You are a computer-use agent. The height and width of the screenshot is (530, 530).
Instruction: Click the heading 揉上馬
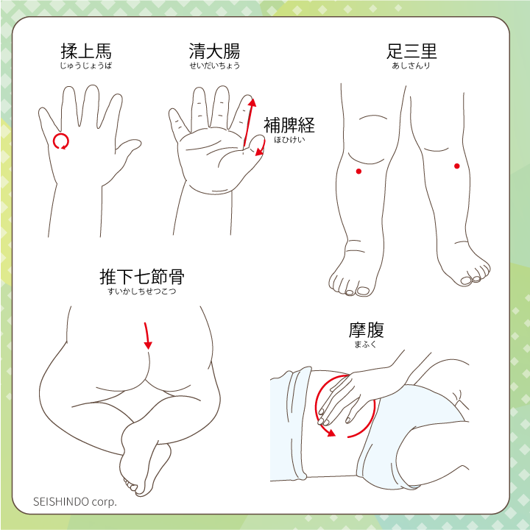[x=86, y=52]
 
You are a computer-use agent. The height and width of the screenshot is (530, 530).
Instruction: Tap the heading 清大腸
[x=214, y=52]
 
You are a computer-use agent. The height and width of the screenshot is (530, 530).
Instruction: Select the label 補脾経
[x=289, y=125]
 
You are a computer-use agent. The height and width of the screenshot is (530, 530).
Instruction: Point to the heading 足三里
[x=411, y=52]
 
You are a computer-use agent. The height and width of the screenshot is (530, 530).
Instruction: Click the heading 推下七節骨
[x=142, y=277]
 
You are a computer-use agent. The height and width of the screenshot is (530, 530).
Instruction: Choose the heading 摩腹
[x=367, y=331]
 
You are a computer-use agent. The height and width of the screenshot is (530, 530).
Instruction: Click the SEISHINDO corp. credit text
[x=74, y=501]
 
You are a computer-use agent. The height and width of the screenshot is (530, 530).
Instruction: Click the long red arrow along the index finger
[x=249, y=122]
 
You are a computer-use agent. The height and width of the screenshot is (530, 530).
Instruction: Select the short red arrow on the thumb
[x=261, y=148]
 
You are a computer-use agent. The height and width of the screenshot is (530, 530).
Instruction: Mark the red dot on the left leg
[x=358, y=172]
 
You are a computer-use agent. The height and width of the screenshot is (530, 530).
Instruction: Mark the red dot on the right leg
[x=457, y=166]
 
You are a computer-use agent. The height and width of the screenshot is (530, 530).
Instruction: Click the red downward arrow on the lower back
[x=146, y=336]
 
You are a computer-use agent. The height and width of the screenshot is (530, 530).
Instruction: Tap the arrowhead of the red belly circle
[x=331, y=433]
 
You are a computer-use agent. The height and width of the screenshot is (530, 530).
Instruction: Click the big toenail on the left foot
[x=364, y=291]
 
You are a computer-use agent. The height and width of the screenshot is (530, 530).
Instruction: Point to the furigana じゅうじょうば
[x=86, y=66]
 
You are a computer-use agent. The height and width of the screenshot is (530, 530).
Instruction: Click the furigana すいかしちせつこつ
[x=142, y=291]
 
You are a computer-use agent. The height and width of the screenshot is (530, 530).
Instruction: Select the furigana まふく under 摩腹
[x=365, y=344]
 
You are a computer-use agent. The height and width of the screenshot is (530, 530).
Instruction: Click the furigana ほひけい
[x=289, y=140]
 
